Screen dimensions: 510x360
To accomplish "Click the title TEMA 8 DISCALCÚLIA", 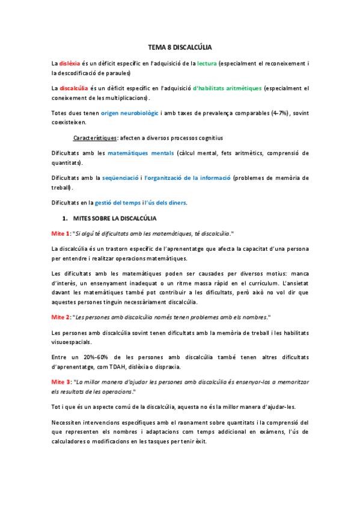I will tap(180, 46).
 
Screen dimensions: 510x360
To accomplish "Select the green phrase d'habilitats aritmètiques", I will tap(227, 88).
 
